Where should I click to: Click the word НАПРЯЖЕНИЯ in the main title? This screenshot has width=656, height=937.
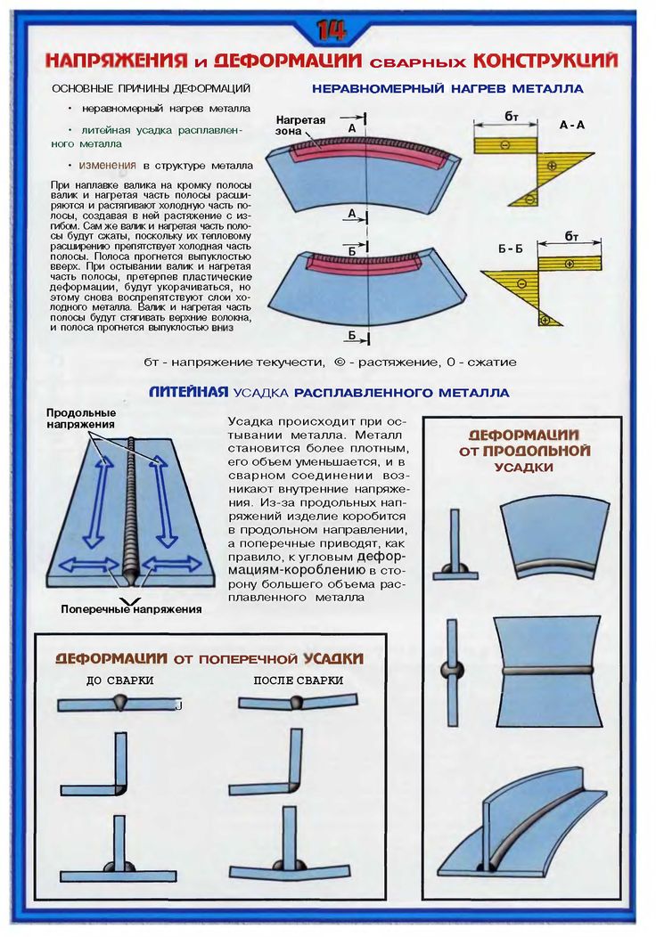coord(115,61)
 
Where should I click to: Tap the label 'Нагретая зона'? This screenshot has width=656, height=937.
coord(300,125)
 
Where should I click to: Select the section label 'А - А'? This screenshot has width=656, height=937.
coord(571,126)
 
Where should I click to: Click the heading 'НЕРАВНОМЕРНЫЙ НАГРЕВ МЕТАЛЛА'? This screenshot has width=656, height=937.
coord(447,89)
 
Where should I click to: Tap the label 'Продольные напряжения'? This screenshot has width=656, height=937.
coord(81,419)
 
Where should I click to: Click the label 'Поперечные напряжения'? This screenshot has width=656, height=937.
coord(131,609)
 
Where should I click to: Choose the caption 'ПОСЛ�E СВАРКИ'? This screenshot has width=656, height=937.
coord(299,680)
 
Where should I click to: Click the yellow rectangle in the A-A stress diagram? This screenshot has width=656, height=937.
coord(506,144)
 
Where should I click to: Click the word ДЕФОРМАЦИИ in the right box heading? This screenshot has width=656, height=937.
coord(524,435)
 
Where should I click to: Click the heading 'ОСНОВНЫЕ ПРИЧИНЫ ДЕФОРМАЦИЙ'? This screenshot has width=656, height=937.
coord(150,89)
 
